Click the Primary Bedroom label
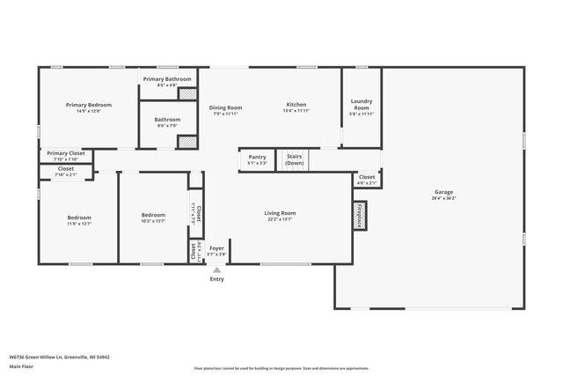[x=88, y=105]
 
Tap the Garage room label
[x=443, y=192]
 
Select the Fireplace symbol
[x=360, y=216]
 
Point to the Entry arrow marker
[x=216, y=269]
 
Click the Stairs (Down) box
[x=295, y=159]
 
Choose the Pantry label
[x=257, y=157]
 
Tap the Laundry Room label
[x=361, y=104]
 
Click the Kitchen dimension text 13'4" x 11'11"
[x=296, y=111]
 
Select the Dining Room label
[x=225, y=107]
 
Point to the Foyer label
[x=216, y=248]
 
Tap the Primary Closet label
[x=66, y=152]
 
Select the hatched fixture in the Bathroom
[x=186, y=141]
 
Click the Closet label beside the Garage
[x=367, y=177]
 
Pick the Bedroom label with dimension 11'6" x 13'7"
[x=79, y=217]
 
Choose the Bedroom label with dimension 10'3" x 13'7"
[x=153, y=215]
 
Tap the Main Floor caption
[x=22, y=366]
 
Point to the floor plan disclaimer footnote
[x=281, y=368]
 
